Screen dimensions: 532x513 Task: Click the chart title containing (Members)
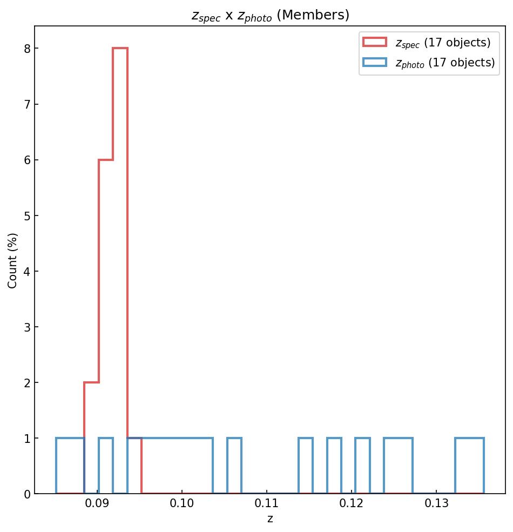(x=270, y=15)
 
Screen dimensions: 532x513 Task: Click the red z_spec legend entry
(x=427, y=43)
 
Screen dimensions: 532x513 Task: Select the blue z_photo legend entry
(x=429, y=63)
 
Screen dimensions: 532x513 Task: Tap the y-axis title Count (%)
(x=13, y=260)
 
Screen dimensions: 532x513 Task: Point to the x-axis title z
(x=269, y=519)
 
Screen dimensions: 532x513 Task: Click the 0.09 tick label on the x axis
(x=97, y=504)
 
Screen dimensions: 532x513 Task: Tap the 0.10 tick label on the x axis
(x=182, y=504)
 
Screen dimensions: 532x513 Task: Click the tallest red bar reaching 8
(x=120, y=270)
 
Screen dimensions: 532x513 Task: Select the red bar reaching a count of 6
(x=106, y=324)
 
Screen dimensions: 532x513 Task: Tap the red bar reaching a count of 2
(x=91, y=437)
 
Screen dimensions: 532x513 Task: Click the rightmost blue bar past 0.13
(x=469, y=466)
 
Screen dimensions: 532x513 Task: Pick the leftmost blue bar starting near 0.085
(x=70, y=466)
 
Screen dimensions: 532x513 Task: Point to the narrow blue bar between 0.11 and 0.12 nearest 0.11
(x=306, y=466)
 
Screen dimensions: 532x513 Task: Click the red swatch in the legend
(x=375, y=42)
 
